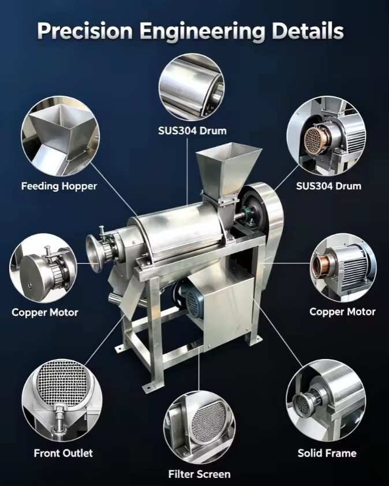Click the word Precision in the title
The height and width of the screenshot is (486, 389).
pyautogui.click(x=85, y=31)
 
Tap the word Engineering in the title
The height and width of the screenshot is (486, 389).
pyautogui.click(x=202, y=32)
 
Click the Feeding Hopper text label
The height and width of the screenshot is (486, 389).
pyautogui.click(x=59, y=186)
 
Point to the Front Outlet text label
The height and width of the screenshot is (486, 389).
pyautogui.click(x=63, y=453)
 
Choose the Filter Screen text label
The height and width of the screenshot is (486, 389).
pyautogui.click(x=199, y=474)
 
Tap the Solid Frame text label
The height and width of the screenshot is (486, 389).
pyautogui.click(x=327, y=453)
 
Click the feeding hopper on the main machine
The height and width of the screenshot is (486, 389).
pyautogui.click(x=228, y=174)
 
